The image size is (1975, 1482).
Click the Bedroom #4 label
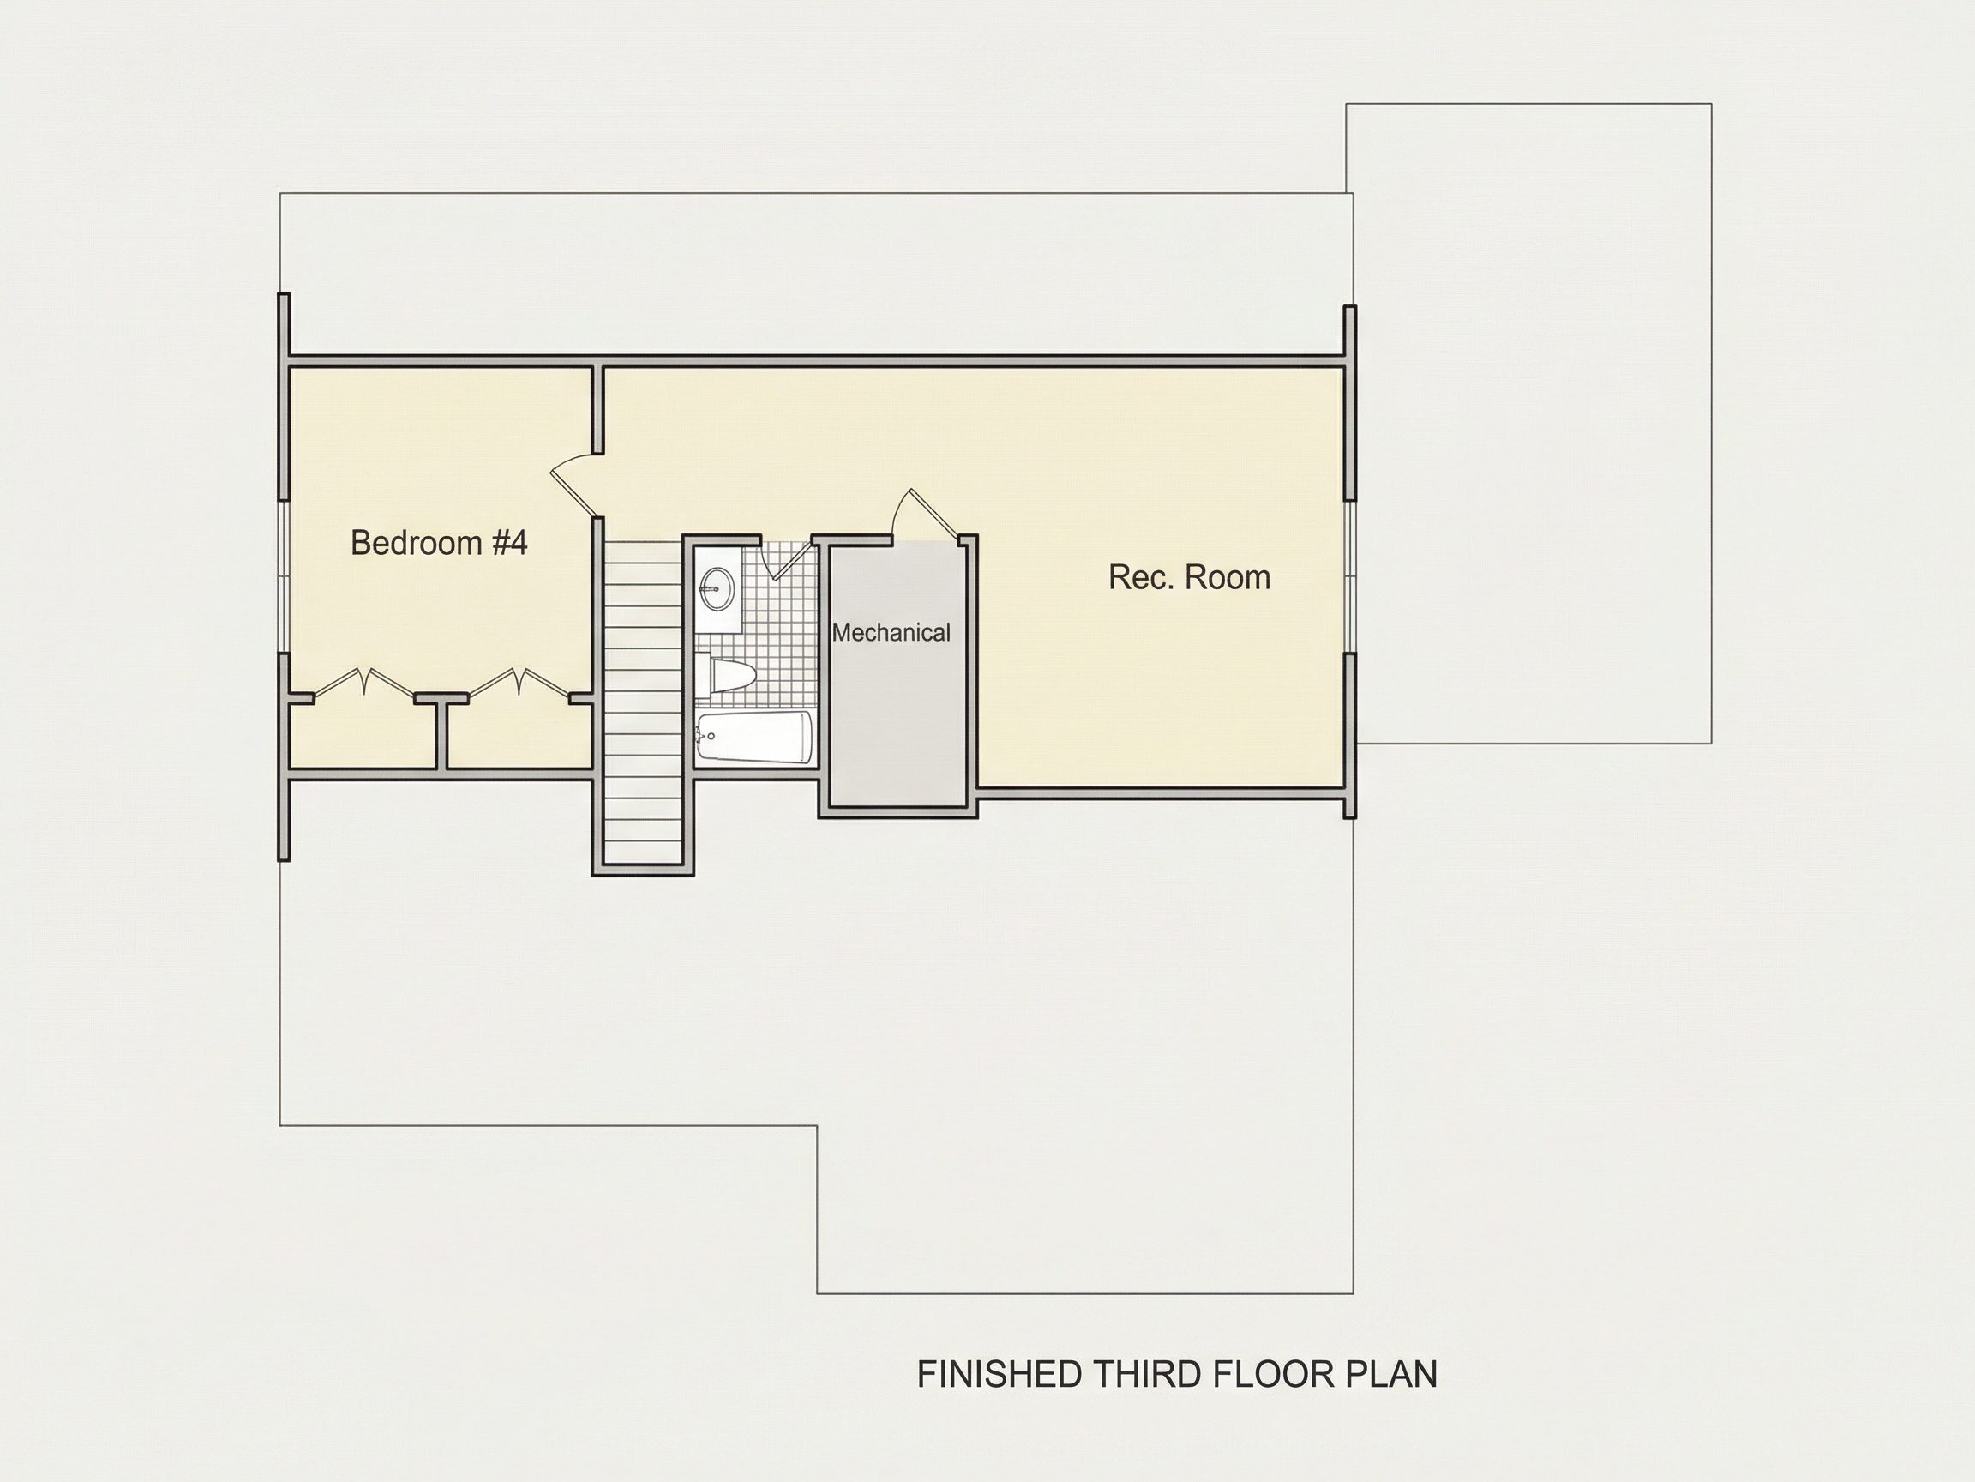438,542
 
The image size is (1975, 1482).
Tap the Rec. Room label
1189,577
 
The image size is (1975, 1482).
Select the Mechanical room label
891,632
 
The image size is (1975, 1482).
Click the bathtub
754,738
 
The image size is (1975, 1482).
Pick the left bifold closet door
363,683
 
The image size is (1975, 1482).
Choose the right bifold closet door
518,683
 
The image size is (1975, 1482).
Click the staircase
643,702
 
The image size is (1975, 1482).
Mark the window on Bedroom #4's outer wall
284,576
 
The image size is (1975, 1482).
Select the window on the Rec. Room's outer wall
1350,576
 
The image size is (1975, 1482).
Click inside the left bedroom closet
363,737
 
